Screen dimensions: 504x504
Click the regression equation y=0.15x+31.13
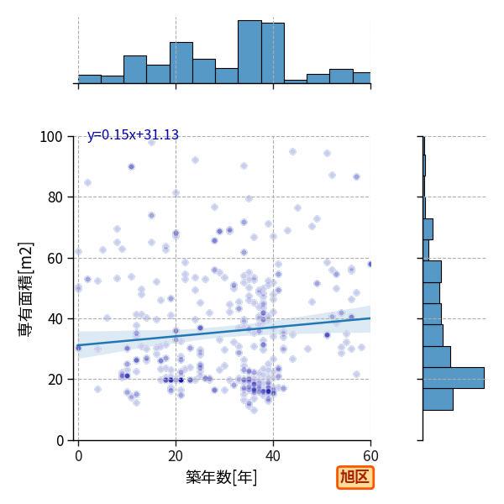pos(133,134)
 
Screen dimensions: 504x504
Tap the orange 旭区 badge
pos(355,477)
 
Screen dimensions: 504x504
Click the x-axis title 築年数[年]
pos(221,477)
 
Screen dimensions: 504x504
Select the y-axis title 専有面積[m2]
pos(26,289)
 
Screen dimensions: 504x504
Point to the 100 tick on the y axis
pos(50,137)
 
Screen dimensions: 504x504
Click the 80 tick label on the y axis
pos(55,197)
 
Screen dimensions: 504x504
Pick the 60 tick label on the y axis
pos(55,259)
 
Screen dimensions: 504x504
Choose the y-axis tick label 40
pos(55,319)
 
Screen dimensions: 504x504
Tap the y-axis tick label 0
pos(60,441)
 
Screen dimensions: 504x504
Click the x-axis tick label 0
pos(79,456)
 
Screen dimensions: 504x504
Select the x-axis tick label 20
pos(176,456)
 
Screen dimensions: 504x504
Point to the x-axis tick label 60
pos(370,456)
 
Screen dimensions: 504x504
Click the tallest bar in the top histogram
pos(249,52)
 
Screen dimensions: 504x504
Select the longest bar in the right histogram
pos(454,378)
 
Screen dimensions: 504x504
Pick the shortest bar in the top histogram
pos(296,81)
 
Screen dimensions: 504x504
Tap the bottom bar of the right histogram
pos(438,400)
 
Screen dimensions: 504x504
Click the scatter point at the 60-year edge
pos(370,265)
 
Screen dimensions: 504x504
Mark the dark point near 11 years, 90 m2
pos(131,166)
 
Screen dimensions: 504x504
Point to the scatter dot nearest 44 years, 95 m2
pos(292,152)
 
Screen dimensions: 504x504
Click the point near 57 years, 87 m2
pos(356,176)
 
